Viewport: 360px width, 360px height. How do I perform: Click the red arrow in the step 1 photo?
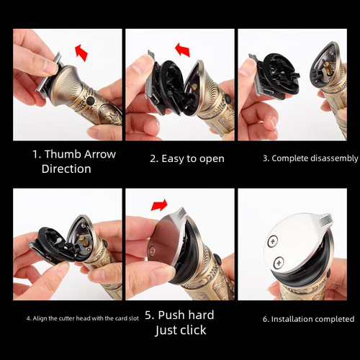[x=81, y=53]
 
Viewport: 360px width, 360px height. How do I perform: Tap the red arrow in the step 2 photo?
[x=183, y=50]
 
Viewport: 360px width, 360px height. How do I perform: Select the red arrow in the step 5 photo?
[x=159, y=205]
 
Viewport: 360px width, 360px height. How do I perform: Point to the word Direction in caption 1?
[x=66, y=168]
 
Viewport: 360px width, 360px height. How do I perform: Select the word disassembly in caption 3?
[x=334, y=158]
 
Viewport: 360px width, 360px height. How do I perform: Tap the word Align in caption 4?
[x=40, y=318]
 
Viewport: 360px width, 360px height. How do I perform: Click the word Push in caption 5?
[x=170, y=315]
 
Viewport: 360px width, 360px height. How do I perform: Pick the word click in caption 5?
[x=193, y=330]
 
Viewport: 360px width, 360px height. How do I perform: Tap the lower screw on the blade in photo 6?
[x=279, y=262]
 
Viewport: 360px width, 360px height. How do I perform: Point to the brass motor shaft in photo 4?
[x=82, y=239]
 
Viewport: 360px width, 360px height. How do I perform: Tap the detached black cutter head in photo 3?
[x=276, y=76]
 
